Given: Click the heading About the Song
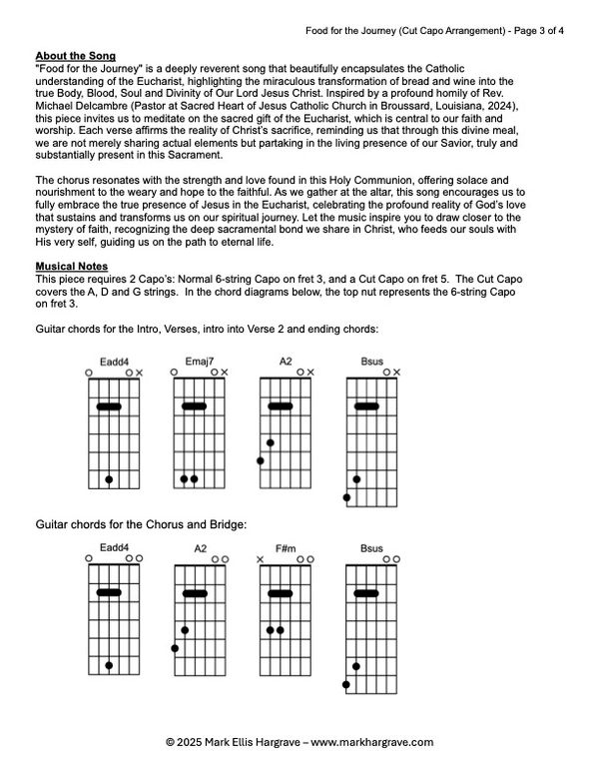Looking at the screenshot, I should pos(75,55).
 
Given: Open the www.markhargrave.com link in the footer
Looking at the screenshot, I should pos(375,741).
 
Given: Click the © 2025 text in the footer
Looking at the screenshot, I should pos(186,741).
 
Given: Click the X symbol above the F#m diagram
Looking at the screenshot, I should pos(261,560).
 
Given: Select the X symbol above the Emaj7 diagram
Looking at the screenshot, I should pos(225,373).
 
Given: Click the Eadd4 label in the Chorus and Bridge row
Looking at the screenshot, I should pos(113,547).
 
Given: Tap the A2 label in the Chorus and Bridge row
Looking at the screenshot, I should pos(200,549).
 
